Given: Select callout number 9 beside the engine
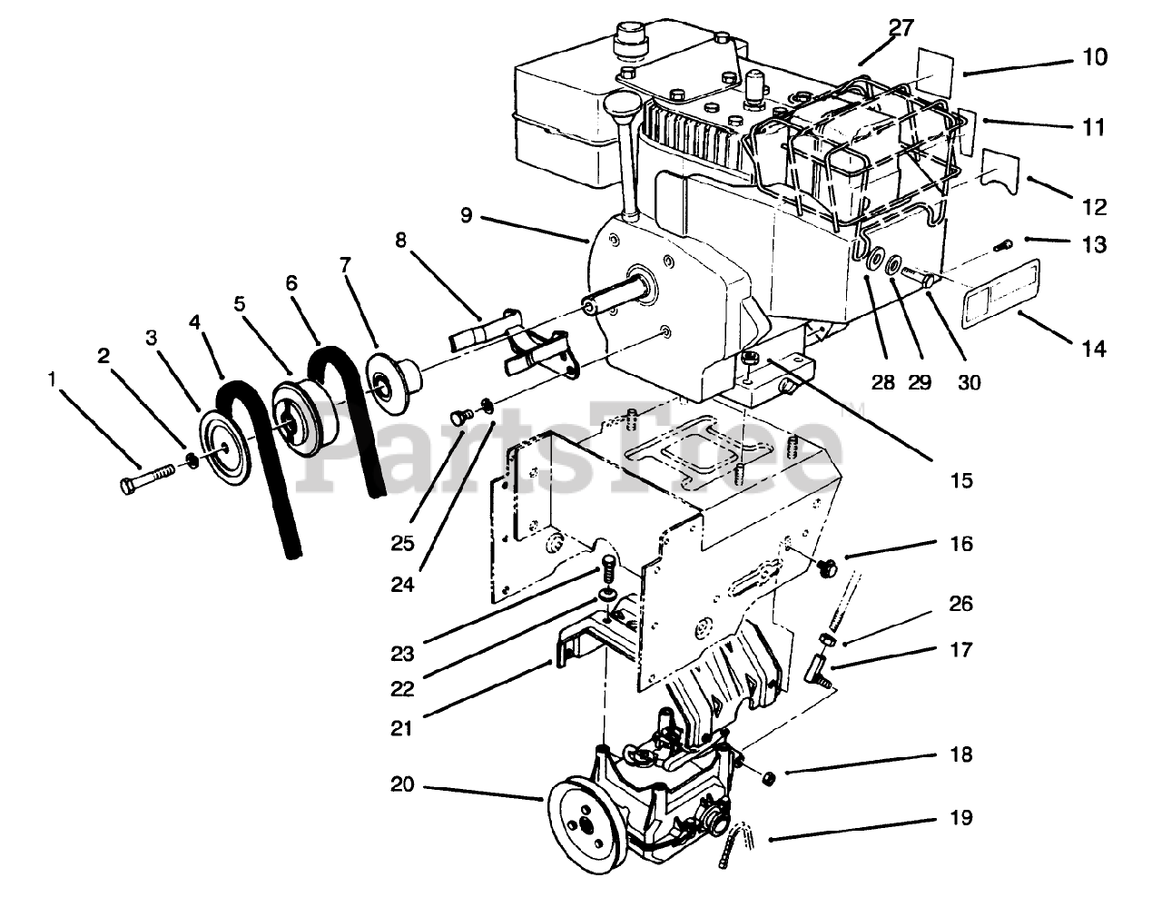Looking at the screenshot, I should click(466, 215).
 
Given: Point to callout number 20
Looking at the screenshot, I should click(402, 784).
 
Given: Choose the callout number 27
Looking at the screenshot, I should click(901, 27).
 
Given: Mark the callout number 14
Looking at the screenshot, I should click(1094, 348).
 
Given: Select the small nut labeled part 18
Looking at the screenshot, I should click(767, 777).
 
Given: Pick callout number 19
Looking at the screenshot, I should click(963, 818).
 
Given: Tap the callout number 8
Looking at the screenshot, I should click(401, 241).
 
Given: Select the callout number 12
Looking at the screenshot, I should click(1094, 207).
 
